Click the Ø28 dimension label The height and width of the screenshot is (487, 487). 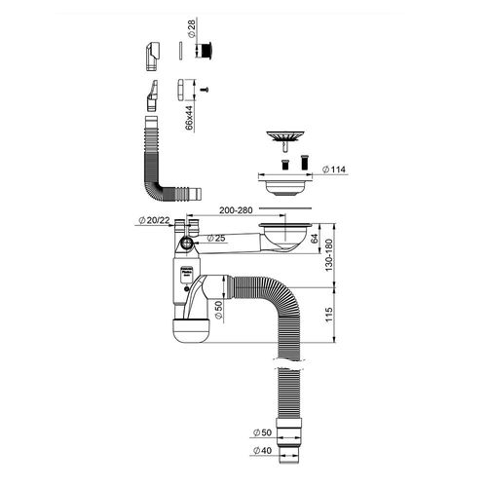tap(192, 28)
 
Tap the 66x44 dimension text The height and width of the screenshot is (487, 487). tap(189, 117)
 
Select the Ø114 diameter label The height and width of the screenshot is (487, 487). tap(334, 169)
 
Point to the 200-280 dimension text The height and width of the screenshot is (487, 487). tap(236, 210)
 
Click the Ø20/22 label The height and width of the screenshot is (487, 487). tap(154, 220)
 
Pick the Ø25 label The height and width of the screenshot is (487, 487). tap(216, 238)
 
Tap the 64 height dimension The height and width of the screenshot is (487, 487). tap(315, 239)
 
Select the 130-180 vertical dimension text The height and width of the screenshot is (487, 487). tap(329, 255)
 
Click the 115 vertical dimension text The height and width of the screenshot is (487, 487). tap(329, 315)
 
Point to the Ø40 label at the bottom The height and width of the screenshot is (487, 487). tap(262, 450)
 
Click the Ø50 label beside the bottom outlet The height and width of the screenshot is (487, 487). tap(262, 432)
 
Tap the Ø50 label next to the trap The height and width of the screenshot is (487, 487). tap(219, 311)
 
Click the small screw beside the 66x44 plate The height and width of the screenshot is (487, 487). tap(205, 90)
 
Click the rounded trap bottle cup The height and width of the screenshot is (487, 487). tap(192, 331)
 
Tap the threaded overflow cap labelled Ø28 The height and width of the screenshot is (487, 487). tap(206, 51)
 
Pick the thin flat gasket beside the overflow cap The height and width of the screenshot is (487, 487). tap(180, 51)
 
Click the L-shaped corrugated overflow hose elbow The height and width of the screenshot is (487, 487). tap(156, 182)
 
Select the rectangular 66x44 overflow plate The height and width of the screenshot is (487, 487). tap(181, 90)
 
